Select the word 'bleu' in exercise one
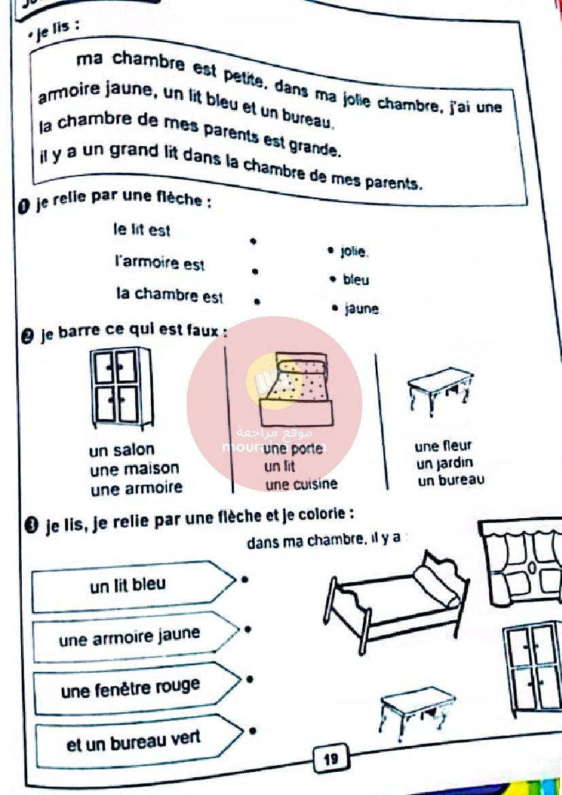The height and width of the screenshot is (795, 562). click(356, 280)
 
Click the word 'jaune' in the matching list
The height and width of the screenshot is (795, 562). click(362, 309)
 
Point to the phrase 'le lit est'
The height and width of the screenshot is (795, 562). click(141, 231)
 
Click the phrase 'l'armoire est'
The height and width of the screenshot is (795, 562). click(160, 263)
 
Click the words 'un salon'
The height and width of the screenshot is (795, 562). click(122, 450)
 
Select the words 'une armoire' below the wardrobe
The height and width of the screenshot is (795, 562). click(136, 488)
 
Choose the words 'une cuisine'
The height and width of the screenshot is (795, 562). click(301, 485)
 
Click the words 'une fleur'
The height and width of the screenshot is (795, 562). click(442, 447)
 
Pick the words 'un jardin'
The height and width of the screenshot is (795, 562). click(445, 464)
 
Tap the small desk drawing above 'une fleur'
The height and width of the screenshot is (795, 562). click(440, 388)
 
